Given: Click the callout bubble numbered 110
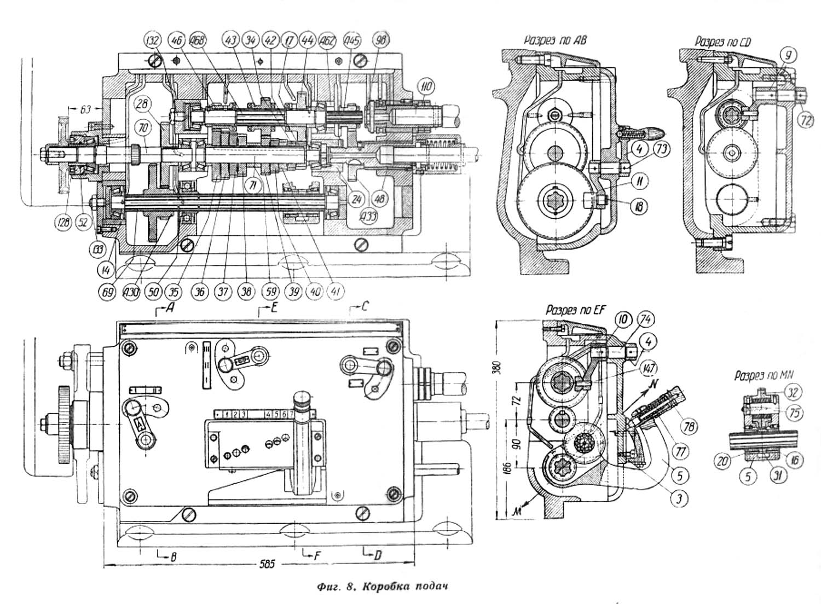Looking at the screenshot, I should pos(425,86).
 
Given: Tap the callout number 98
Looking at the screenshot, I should pos(379,39).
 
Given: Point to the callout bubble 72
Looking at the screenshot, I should pos(805,119).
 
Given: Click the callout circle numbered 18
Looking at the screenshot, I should pos(639,206).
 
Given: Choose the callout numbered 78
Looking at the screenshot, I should pos(688,425).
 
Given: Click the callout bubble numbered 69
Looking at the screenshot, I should pos(108,292).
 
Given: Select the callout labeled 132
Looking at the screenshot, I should pos(154,40).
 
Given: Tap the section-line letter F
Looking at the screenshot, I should pos(316,555).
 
